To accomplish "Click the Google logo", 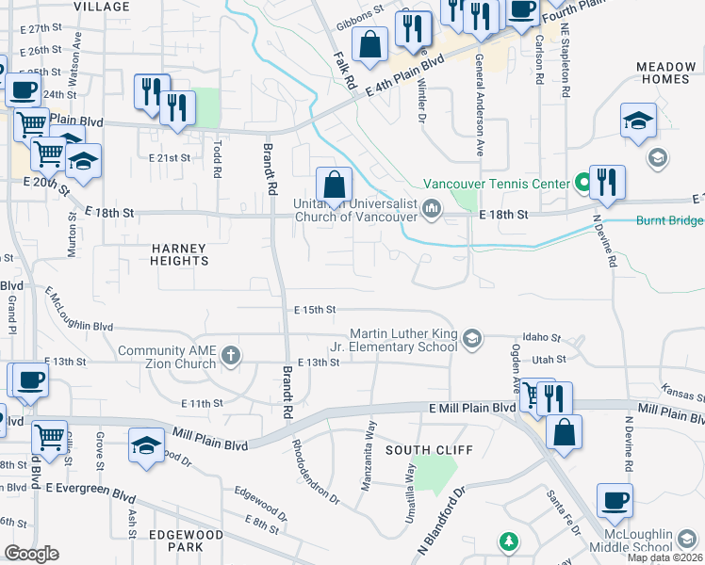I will pyautogui.click(x=31, y=553).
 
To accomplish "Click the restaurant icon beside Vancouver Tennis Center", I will pyautogui.click(x=608, y=183).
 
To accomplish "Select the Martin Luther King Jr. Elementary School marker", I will pyautogui.click(x=472, y=336).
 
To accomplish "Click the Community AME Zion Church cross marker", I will pyautogui.click(x=231, y=356).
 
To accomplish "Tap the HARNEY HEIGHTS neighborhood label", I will pyautogui.click(x=178, y=253).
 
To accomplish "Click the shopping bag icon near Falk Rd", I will pyautogui.click(x=370, y=44).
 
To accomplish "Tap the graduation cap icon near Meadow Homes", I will pyautogui.click(x=638, y=121).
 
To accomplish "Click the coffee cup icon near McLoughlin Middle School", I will pyautogui.click(x=615, y=500).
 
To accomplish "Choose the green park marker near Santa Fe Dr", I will pyautogui.click(x=509, y=541).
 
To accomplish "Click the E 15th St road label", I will pyautogui.click(x=315, y=310).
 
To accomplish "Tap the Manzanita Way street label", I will pyautogui.click(x=369, y=455).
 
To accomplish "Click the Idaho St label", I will pyautogui.click(x=542, y=337).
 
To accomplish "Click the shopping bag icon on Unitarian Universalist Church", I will pyautogui.click(x=334, y=184).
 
